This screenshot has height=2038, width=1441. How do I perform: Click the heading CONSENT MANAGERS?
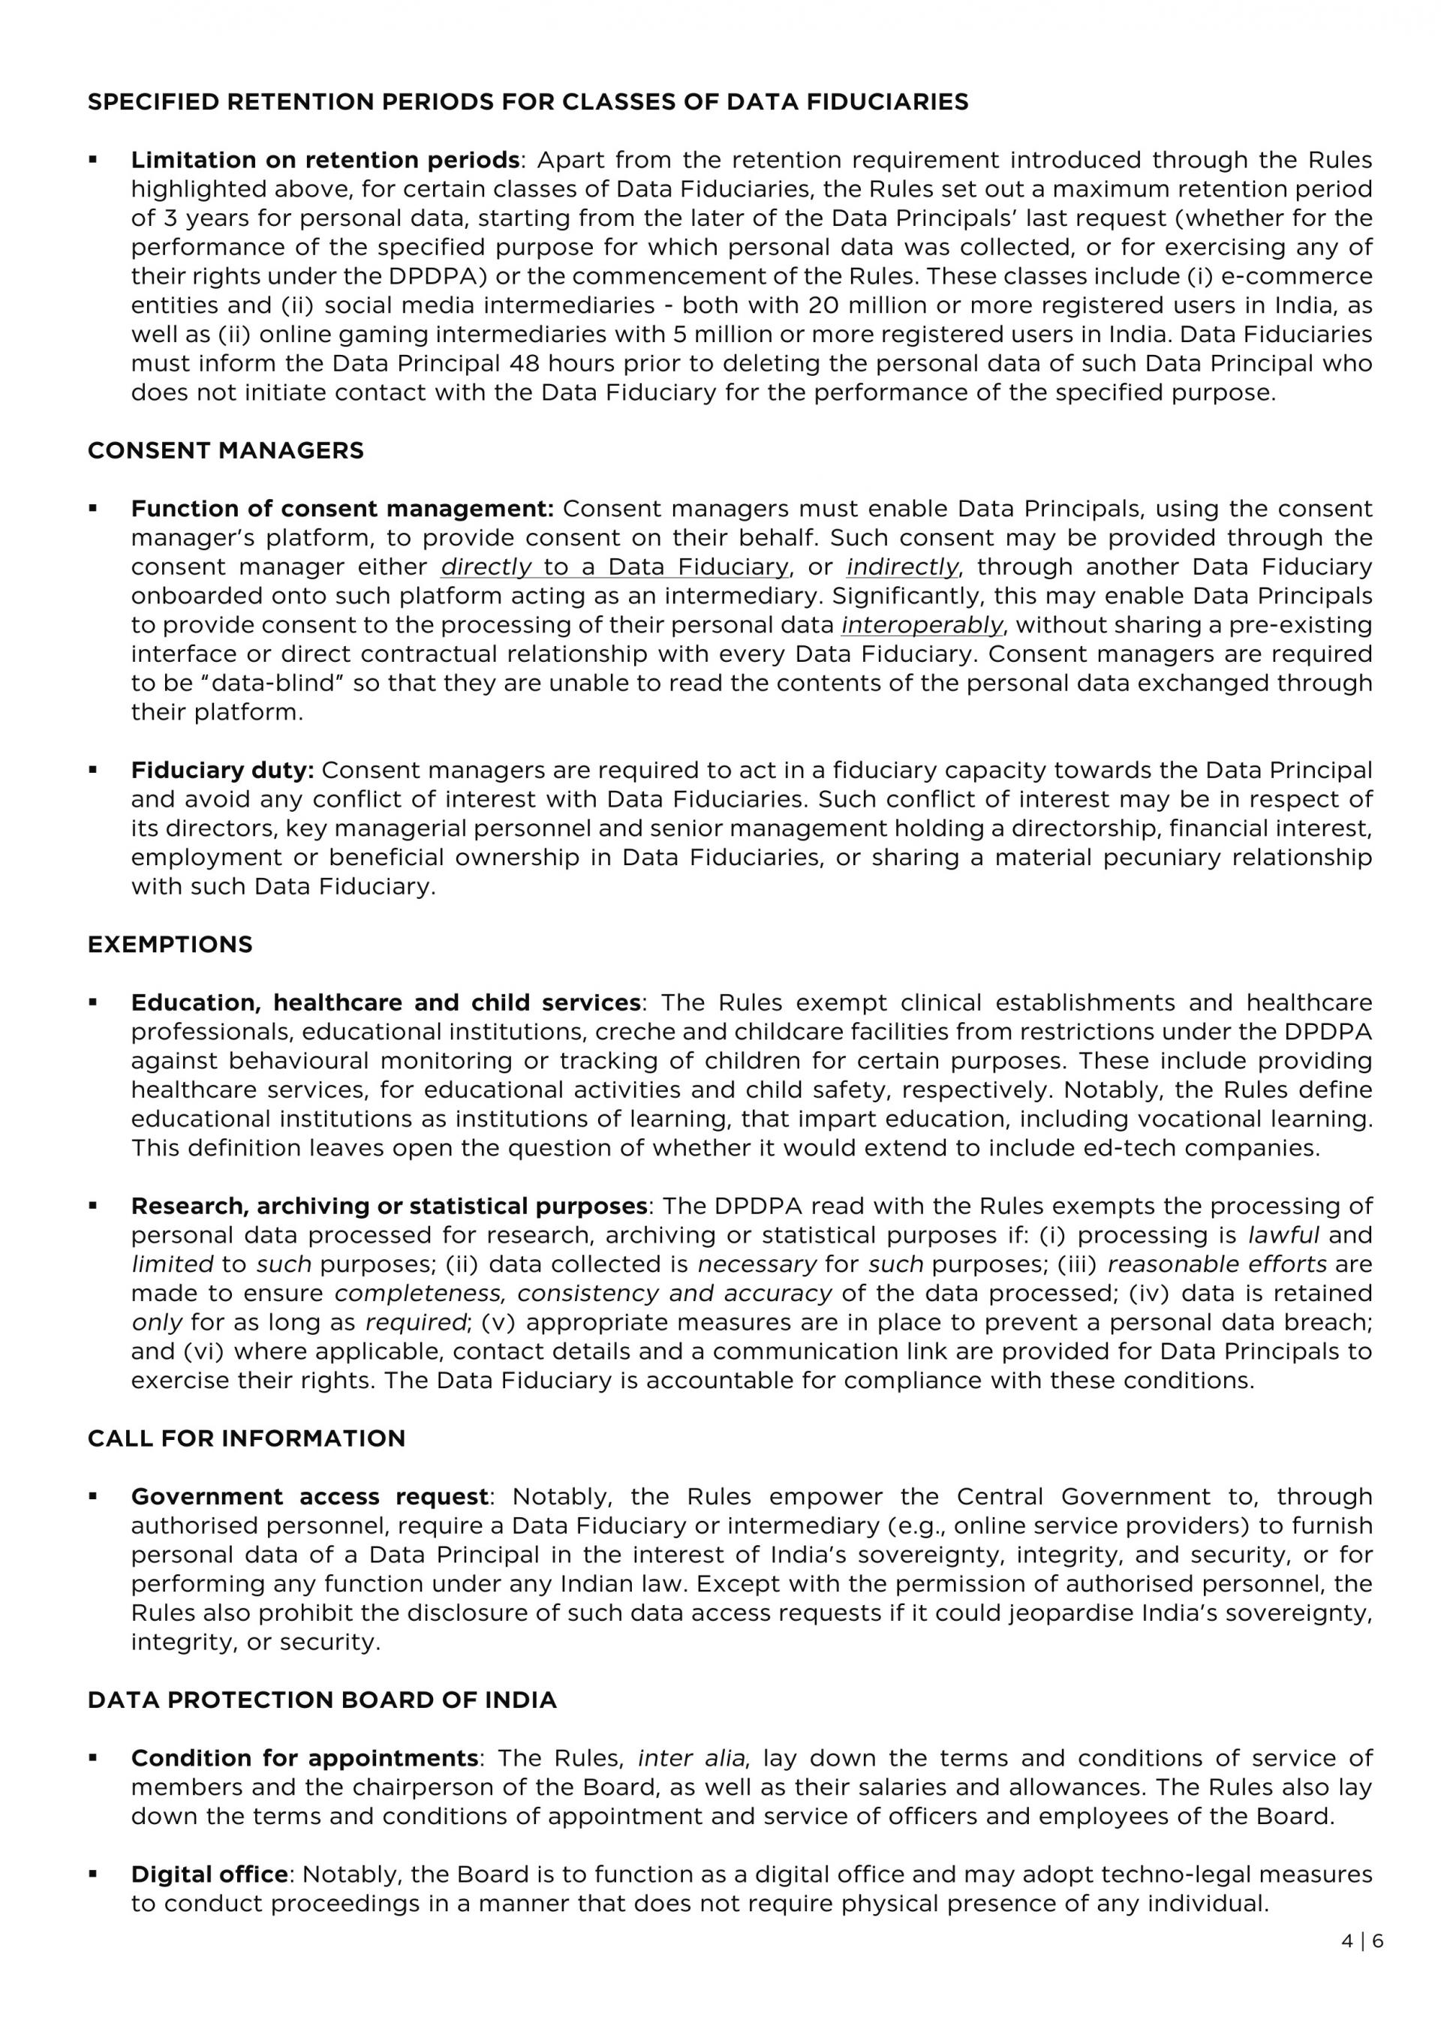225,451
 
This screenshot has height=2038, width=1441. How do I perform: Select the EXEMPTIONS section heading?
170,945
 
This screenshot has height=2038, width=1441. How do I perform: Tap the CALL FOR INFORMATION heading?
246,1439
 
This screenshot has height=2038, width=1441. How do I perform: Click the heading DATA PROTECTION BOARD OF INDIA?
321,1700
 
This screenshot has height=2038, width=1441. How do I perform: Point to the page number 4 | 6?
1362,1941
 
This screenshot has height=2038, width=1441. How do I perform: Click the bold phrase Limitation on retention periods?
325,161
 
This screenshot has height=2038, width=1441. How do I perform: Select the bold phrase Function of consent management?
341,509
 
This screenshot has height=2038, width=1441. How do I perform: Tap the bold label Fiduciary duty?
223,771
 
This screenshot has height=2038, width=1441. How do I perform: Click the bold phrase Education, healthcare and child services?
385,1003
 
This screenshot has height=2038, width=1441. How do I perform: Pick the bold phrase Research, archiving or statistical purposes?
389,1207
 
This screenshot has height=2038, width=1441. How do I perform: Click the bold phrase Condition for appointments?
305,1758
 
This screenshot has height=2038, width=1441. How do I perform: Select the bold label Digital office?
209,1874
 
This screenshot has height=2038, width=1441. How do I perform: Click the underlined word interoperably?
922,626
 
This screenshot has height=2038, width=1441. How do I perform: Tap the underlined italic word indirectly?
902,567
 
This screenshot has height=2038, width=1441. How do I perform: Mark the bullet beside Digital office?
92,1874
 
